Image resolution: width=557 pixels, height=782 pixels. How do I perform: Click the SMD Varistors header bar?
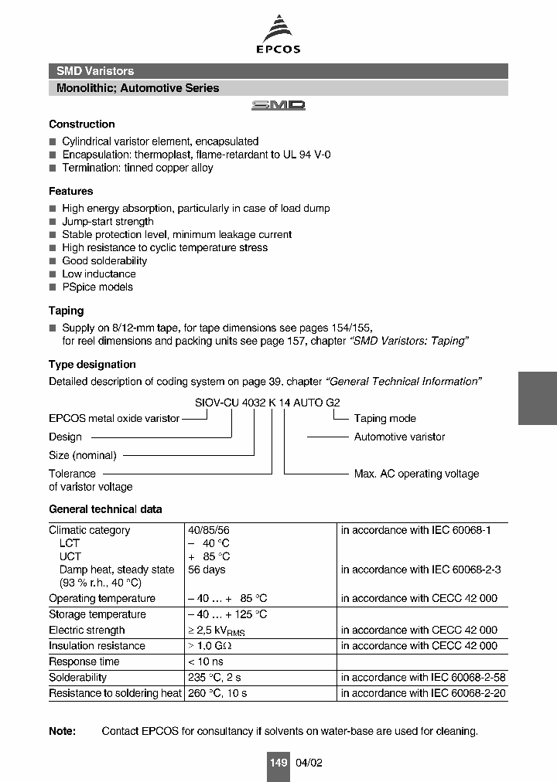(x=278, y=71)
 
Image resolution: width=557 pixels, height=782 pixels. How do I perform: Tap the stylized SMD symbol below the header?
(x=278, y=105)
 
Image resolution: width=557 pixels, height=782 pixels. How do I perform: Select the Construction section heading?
(x=81, y=124)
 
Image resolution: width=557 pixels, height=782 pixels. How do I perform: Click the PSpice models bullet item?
(x=97, y=287)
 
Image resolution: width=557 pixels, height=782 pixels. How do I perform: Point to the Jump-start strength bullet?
(x=108, y=222)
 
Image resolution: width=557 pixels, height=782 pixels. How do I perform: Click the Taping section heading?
(x=66, y=311)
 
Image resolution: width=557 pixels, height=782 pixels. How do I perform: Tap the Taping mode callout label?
(x=384, y=418)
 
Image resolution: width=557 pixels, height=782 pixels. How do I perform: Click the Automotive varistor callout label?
(x=399, y=437)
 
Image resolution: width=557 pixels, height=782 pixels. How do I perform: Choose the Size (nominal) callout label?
(x=83, y=455)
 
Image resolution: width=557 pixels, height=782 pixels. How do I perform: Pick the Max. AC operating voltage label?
(x=416, y=474)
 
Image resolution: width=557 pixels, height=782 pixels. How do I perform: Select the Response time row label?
(x=84, y=661)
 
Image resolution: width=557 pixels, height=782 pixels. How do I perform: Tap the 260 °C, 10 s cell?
(x=217, y=693)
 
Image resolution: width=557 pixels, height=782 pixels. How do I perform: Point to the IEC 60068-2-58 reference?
(x=423, y=677)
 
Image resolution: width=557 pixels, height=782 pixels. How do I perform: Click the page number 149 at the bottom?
(x=278, y=763)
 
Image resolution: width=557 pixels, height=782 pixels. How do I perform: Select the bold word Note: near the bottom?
(x=63, y=731)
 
